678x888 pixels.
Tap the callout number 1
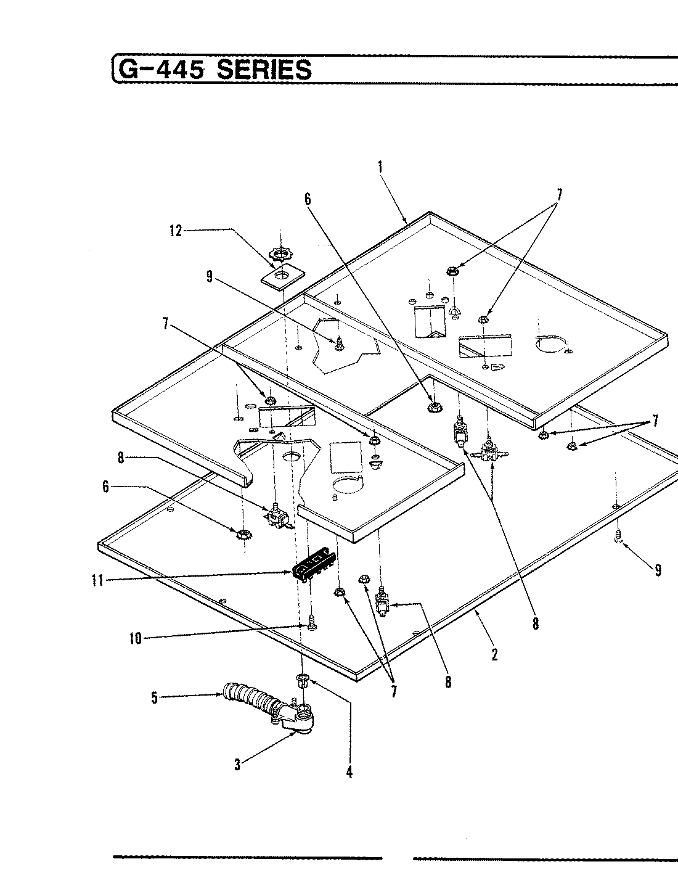380,166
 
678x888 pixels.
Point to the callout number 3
237,766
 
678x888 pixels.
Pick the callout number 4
349,771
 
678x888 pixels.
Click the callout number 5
155,698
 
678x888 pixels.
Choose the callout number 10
135,639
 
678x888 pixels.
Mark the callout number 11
97,580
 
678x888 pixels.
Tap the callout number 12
176,231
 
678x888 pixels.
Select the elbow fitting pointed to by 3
300,719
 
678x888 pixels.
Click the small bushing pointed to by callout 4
302,681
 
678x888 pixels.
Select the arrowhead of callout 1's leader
406,222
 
